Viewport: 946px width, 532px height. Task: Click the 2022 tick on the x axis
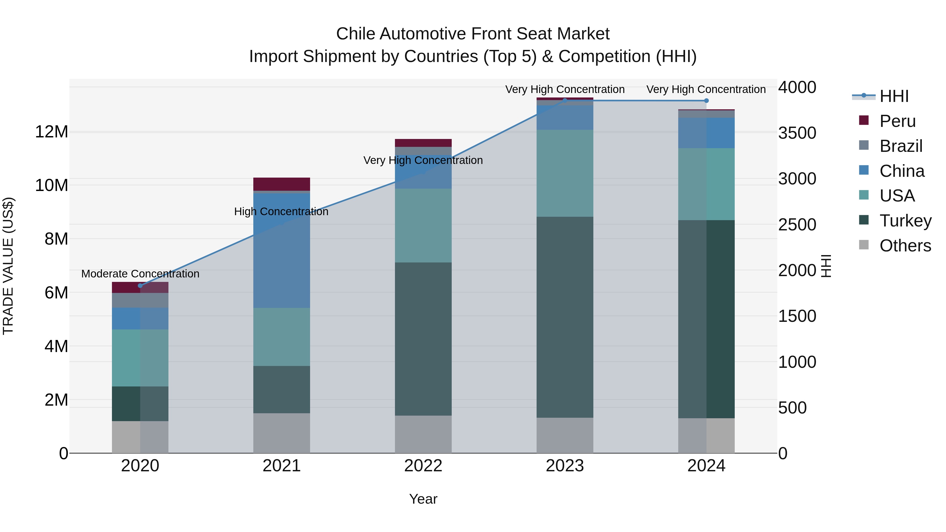[423, 466]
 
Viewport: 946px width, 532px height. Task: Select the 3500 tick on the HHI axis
[797, 133]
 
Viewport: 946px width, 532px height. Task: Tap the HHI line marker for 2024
[706, 101]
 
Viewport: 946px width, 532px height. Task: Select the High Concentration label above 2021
[281, 212]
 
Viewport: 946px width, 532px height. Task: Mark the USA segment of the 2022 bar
[423, 225]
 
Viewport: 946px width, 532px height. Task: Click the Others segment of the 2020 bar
[140, 437]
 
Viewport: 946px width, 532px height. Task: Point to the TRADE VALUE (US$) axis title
[8, 266]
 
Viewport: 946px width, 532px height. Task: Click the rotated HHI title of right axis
[826, 266]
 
